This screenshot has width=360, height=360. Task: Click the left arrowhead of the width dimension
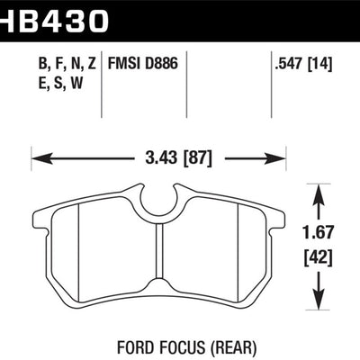(x=38, y=160)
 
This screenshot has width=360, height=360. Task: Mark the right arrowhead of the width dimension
(x=280, y=160)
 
